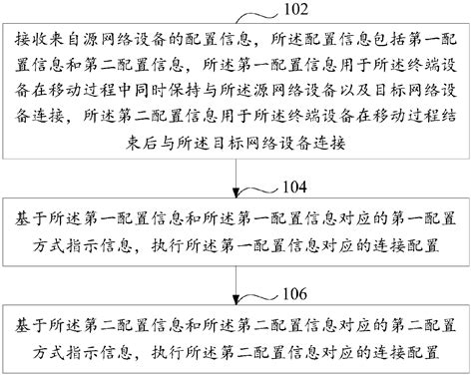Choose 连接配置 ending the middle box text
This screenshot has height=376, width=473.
click(x=405, y=242)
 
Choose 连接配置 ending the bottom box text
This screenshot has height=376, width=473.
click(x=405, y=350)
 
